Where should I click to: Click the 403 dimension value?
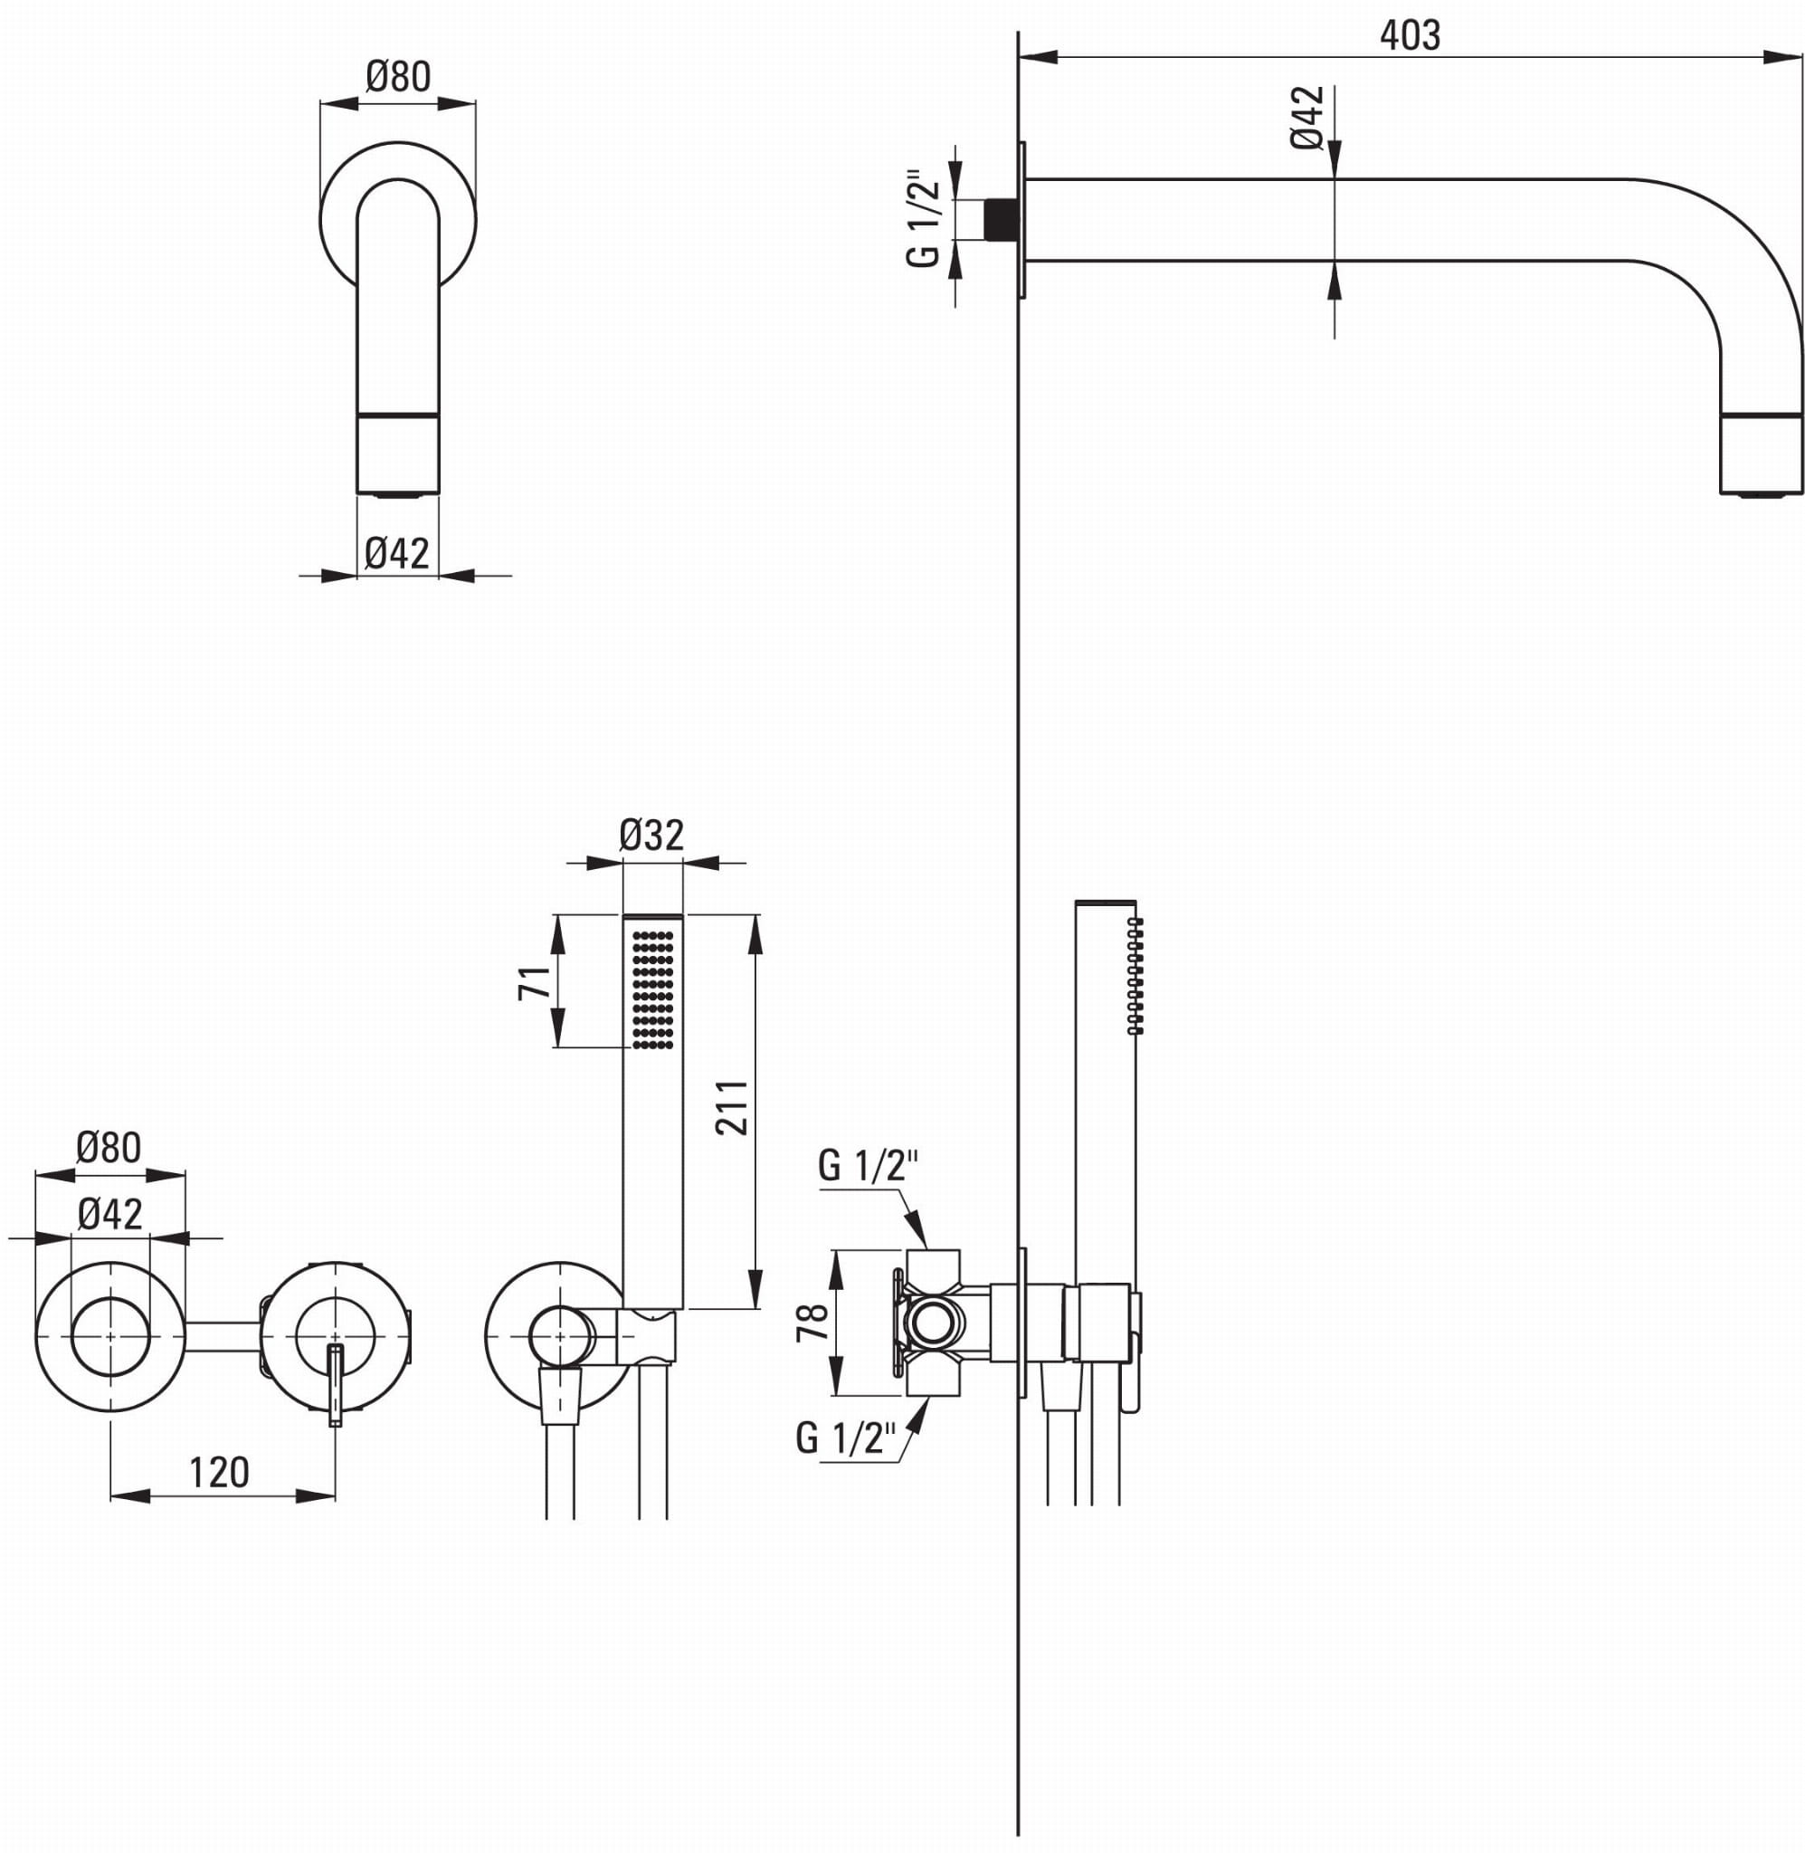[x=1410, y=36]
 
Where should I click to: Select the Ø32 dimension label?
[x=651, y=835]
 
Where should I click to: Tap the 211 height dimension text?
[x=732, y=1107]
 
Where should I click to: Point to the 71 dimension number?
[x=535, y=981]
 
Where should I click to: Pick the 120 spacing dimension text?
[x=219, y=1473]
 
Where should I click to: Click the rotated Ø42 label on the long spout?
[x=1306, y=117]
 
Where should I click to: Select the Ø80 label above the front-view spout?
[x=398, y=76]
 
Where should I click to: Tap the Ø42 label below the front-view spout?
[x=397, y=553]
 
